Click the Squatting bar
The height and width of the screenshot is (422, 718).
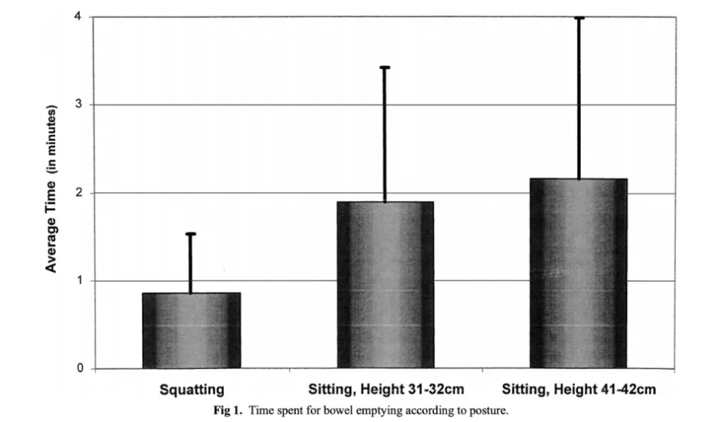pyautogui.click(x=191, y=330)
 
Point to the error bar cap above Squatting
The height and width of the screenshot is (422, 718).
pyautogui.click(x=191, y=234)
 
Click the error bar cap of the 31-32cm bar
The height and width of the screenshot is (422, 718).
pyautogui.click(x=385, y=68)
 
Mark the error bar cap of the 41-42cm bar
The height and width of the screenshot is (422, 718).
pyautogui.click(x=579, y=18)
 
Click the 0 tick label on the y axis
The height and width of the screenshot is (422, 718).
pyautogui.click(x=80, y=368)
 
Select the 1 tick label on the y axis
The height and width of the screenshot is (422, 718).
pyautogui.click(x=80, y=281)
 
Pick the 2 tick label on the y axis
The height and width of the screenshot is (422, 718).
pyautogui.click(x=80, y=193)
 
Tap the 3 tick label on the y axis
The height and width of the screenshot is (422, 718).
pyautogui.click(x=80, y=105)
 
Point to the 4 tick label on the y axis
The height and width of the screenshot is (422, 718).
pyautogui.click(x=80, y=17)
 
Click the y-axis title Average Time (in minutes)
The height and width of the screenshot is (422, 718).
pyautogui.click(x=51, y=192)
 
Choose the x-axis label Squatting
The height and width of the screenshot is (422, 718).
pyautogui.click(x=192, y=389)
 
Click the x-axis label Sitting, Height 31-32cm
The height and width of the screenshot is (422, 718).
pyautogui.click(x=385, y=389)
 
